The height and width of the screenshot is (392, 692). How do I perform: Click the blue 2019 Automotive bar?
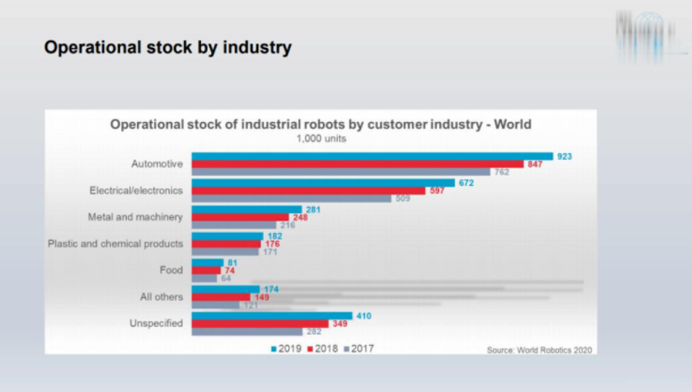(372, 156)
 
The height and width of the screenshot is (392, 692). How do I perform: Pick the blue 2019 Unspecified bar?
(272, 315)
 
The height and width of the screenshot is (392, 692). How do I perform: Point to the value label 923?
(564, 156)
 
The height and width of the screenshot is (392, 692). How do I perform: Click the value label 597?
(459, 191)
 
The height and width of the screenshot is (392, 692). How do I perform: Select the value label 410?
(364, 315)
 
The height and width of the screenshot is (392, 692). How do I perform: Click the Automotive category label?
(157, 164)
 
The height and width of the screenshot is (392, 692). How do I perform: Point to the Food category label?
(172, 271)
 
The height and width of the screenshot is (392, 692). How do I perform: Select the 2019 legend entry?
(286, 348)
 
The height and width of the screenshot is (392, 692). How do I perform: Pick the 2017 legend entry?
(358, 348)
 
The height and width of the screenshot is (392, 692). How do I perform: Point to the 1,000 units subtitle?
(321, 139)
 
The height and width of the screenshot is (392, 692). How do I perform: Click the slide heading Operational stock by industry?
(167, 48)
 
